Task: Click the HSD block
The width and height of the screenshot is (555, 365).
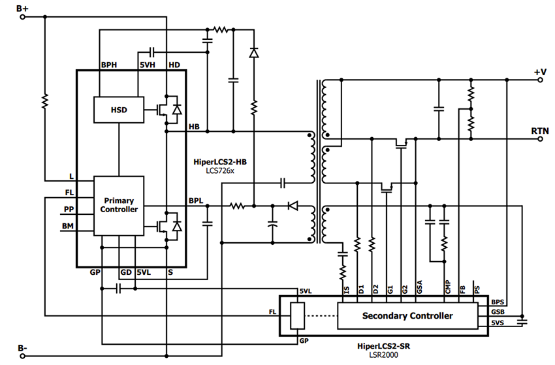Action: pos(118,110)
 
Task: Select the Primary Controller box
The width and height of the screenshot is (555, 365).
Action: pos(118,205)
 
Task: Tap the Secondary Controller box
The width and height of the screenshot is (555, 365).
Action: pos(407,316)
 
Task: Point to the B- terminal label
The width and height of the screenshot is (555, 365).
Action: pos(22,347)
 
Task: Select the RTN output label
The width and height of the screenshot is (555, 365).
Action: pos(540,131)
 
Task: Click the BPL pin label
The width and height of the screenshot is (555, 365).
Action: pos(196,200)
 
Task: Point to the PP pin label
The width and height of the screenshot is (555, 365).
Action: pos(69,209)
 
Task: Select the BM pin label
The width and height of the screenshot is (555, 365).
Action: pos(68,226)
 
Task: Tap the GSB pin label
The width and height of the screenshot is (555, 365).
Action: pos(498,312)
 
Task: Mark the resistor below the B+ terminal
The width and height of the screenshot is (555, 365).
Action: pos(44,101)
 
